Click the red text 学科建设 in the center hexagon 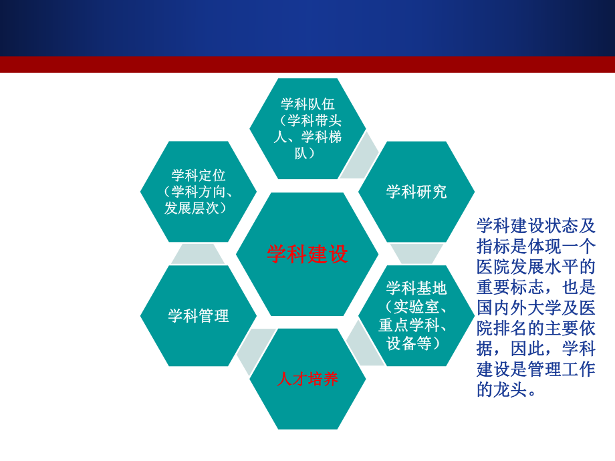click(x=307, y=255)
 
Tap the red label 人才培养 click(x=307, y=379)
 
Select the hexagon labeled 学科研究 click(x=416, y=192)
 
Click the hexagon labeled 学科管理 click(x=199, y=316)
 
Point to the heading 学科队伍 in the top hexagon click(x=307, y=104)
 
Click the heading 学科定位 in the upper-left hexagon click(x=199, y=176)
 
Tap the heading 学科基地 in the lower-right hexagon click(x=416, y=289)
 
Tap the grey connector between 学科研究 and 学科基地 click(x=416, y=253)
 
